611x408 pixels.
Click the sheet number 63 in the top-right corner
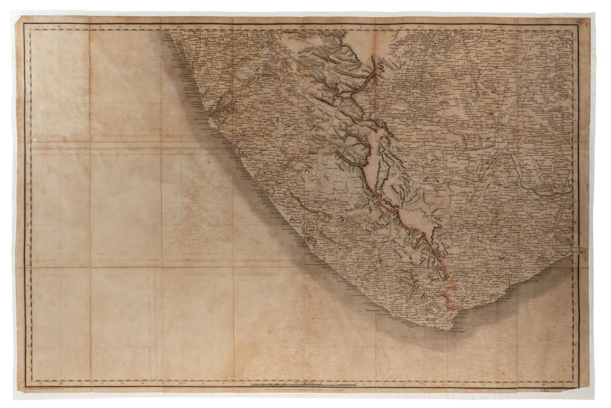click(x=579, y=21)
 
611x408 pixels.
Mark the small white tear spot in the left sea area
click(x=35, y=139)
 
